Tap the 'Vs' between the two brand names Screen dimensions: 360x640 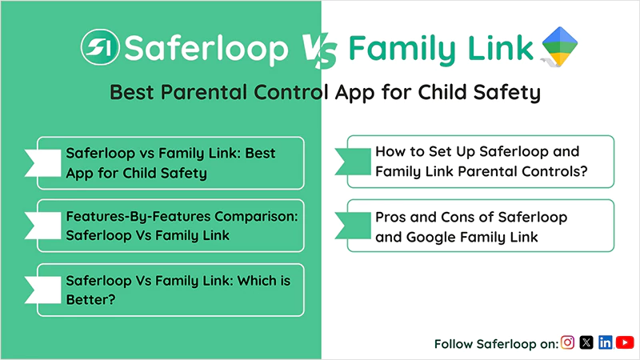[318, 50]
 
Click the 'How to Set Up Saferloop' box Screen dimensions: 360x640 [480, 162]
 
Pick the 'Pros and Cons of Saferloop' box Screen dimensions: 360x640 [480, 226]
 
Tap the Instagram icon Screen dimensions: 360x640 [568, 342]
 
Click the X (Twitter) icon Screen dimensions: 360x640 [586, 342]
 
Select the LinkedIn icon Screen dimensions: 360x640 [606, 342]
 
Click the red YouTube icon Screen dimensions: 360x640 [625, 342]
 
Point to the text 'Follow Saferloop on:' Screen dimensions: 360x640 [496, 343]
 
